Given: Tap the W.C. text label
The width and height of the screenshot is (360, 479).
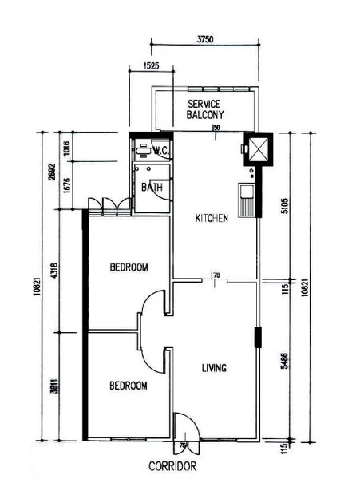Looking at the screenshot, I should pyautogui.click(x=159, y=149).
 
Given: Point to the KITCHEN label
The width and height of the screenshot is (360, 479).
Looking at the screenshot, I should pyautogui.click(x=213, y=218).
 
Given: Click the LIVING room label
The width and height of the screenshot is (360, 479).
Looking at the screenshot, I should pyautogui.click(x=213, y=368).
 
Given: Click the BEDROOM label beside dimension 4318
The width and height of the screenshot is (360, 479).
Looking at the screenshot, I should pyautogui.click(x=129, y=267).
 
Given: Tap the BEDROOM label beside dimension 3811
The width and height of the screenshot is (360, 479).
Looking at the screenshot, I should pyautogui.click(x=129, y=386).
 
